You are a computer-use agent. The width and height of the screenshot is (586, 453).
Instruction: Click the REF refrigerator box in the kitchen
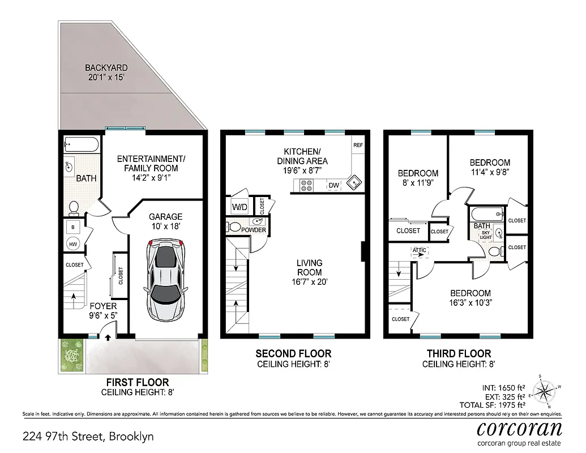358,145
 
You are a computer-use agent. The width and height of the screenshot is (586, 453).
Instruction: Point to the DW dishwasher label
333,185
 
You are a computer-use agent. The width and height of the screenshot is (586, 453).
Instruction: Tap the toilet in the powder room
234,227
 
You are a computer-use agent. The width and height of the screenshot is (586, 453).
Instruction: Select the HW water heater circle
73,243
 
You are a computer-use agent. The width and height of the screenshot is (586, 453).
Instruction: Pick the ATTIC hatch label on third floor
420,250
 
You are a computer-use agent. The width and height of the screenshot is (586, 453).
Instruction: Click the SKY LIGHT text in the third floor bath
485,235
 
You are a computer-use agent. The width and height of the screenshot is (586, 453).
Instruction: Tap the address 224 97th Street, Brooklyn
88,437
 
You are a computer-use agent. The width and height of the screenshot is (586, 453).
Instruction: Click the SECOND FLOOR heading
293,354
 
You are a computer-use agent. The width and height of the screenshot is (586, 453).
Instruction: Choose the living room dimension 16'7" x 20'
309,282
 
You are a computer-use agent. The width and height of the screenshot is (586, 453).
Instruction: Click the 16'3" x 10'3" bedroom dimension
470,302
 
